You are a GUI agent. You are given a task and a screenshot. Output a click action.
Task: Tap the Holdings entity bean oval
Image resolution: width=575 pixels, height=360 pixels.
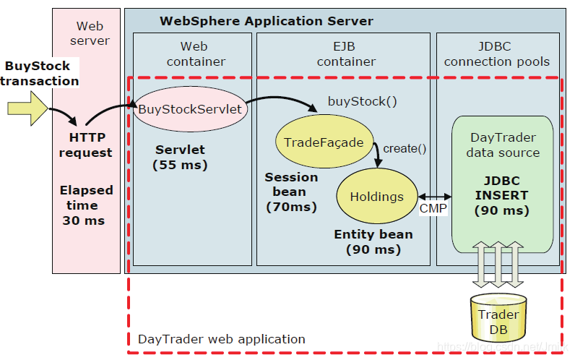click(x=376, y=196)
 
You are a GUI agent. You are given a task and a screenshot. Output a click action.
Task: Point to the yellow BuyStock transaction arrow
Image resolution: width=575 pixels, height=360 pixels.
click(x=27, y=109)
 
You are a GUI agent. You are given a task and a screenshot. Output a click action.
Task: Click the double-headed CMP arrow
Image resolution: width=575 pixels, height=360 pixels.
click(x=434, y=196)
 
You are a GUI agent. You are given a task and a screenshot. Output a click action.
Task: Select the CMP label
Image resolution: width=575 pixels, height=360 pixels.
click(x=433, y=209)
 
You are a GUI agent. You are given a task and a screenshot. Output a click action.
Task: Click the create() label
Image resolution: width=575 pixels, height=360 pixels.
click(x=405, y=149)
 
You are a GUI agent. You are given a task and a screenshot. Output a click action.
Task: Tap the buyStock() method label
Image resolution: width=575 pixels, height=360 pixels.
click(x=363, y=101)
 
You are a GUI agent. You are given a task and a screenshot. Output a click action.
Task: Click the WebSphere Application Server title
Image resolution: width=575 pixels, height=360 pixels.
click(x=267, y=21)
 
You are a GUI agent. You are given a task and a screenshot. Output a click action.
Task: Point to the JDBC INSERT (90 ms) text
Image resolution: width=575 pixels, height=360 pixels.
click(x=501, y=195)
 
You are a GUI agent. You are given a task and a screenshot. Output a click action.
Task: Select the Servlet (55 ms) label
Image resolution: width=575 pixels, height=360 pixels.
click(x=181, y=158)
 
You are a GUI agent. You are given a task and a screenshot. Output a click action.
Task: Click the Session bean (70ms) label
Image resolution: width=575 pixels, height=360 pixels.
click(x=291, y=192)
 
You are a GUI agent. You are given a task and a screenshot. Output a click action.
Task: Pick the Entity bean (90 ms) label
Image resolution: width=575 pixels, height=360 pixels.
click(x=373, y=241)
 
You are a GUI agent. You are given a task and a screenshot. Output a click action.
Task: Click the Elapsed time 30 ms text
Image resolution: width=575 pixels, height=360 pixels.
click(x=85, y=205)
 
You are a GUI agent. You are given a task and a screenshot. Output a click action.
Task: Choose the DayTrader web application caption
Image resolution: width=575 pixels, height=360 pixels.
click(x=221, y=339)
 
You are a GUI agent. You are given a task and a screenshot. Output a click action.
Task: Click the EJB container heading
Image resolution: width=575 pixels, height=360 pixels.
click(x=346, y=54)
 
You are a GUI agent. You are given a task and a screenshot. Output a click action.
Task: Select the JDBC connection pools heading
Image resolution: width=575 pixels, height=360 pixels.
click(x=497, y=54)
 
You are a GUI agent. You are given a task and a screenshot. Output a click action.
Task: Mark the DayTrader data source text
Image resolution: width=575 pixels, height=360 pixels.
click(x=503, y=145)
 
